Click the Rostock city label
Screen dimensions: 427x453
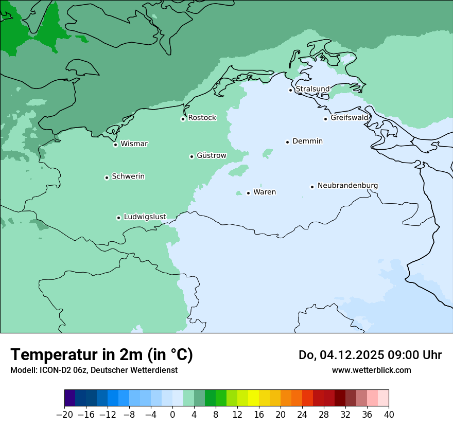tap(202, 118)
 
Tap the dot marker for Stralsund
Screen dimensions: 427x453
tap(290, 90)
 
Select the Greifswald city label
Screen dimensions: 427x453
tap(350, 118)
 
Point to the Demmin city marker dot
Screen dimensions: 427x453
tap(287, 142)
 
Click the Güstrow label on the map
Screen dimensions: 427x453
tap(211, 155)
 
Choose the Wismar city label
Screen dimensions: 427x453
tap(134, 144)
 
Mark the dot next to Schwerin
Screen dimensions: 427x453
tap(107, 177)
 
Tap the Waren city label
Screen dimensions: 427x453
tap(265, 192)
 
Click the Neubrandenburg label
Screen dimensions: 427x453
tap(347, 186)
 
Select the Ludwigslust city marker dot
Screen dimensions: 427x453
tap(118, 218)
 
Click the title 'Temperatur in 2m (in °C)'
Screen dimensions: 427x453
tap(101, 354)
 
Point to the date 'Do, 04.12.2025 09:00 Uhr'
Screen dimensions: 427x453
tap(370, 355)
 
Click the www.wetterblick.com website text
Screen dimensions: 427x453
tap(371, 370)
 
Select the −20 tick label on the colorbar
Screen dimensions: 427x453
tap(64, 415)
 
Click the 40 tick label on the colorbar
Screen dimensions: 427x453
tap(389, 415)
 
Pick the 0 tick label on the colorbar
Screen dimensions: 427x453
tap(172, 415)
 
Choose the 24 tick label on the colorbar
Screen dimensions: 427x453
tap(302, 415)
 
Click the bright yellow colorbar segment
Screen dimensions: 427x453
tap(253, 398)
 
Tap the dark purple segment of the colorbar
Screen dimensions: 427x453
tap(70, 398)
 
